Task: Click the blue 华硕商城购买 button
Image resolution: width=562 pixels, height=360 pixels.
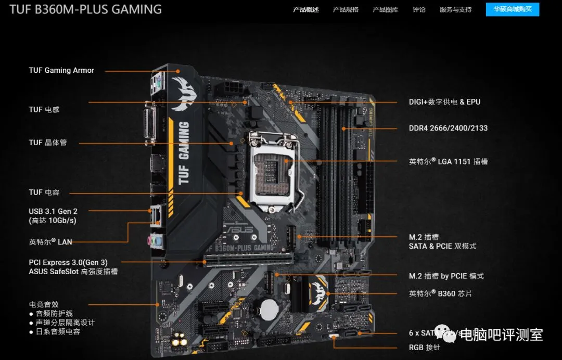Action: click(512, 9)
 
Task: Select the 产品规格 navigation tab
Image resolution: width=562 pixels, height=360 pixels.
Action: click(346, 9)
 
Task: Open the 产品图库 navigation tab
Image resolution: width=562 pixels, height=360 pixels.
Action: click(385, 9)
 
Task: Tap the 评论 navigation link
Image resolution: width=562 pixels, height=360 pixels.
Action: click(419, 9)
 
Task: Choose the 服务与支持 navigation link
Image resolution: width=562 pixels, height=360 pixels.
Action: click(455, 9)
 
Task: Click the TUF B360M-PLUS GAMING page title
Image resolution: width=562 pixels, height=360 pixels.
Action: click(85, 9)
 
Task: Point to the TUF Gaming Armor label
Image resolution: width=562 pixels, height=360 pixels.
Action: click(61, 70)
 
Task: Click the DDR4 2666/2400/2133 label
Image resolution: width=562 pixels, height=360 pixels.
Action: click(448, 128)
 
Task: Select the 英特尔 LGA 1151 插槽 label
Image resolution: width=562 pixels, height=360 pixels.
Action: click(448, 161)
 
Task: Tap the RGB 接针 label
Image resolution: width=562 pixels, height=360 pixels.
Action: click(424, 348)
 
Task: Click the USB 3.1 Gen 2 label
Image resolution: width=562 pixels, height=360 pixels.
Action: click(53, 211)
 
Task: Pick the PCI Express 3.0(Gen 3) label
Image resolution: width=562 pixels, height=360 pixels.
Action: click(68, 262)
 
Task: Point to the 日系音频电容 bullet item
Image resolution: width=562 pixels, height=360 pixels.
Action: click(58, 331)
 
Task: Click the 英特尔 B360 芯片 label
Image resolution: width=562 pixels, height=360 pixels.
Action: click(440, 293)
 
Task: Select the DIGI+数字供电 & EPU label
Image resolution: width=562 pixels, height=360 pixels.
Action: click(444, 102)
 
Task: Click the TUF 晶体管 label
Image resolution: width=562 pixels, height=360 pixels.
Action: click(48, 143)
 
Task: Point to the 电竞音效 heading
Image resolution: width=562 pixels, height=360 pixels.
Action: click(44, 304)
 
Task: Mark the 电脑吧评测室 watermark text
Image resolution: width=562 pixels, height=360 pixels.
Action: click(502, 335)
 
